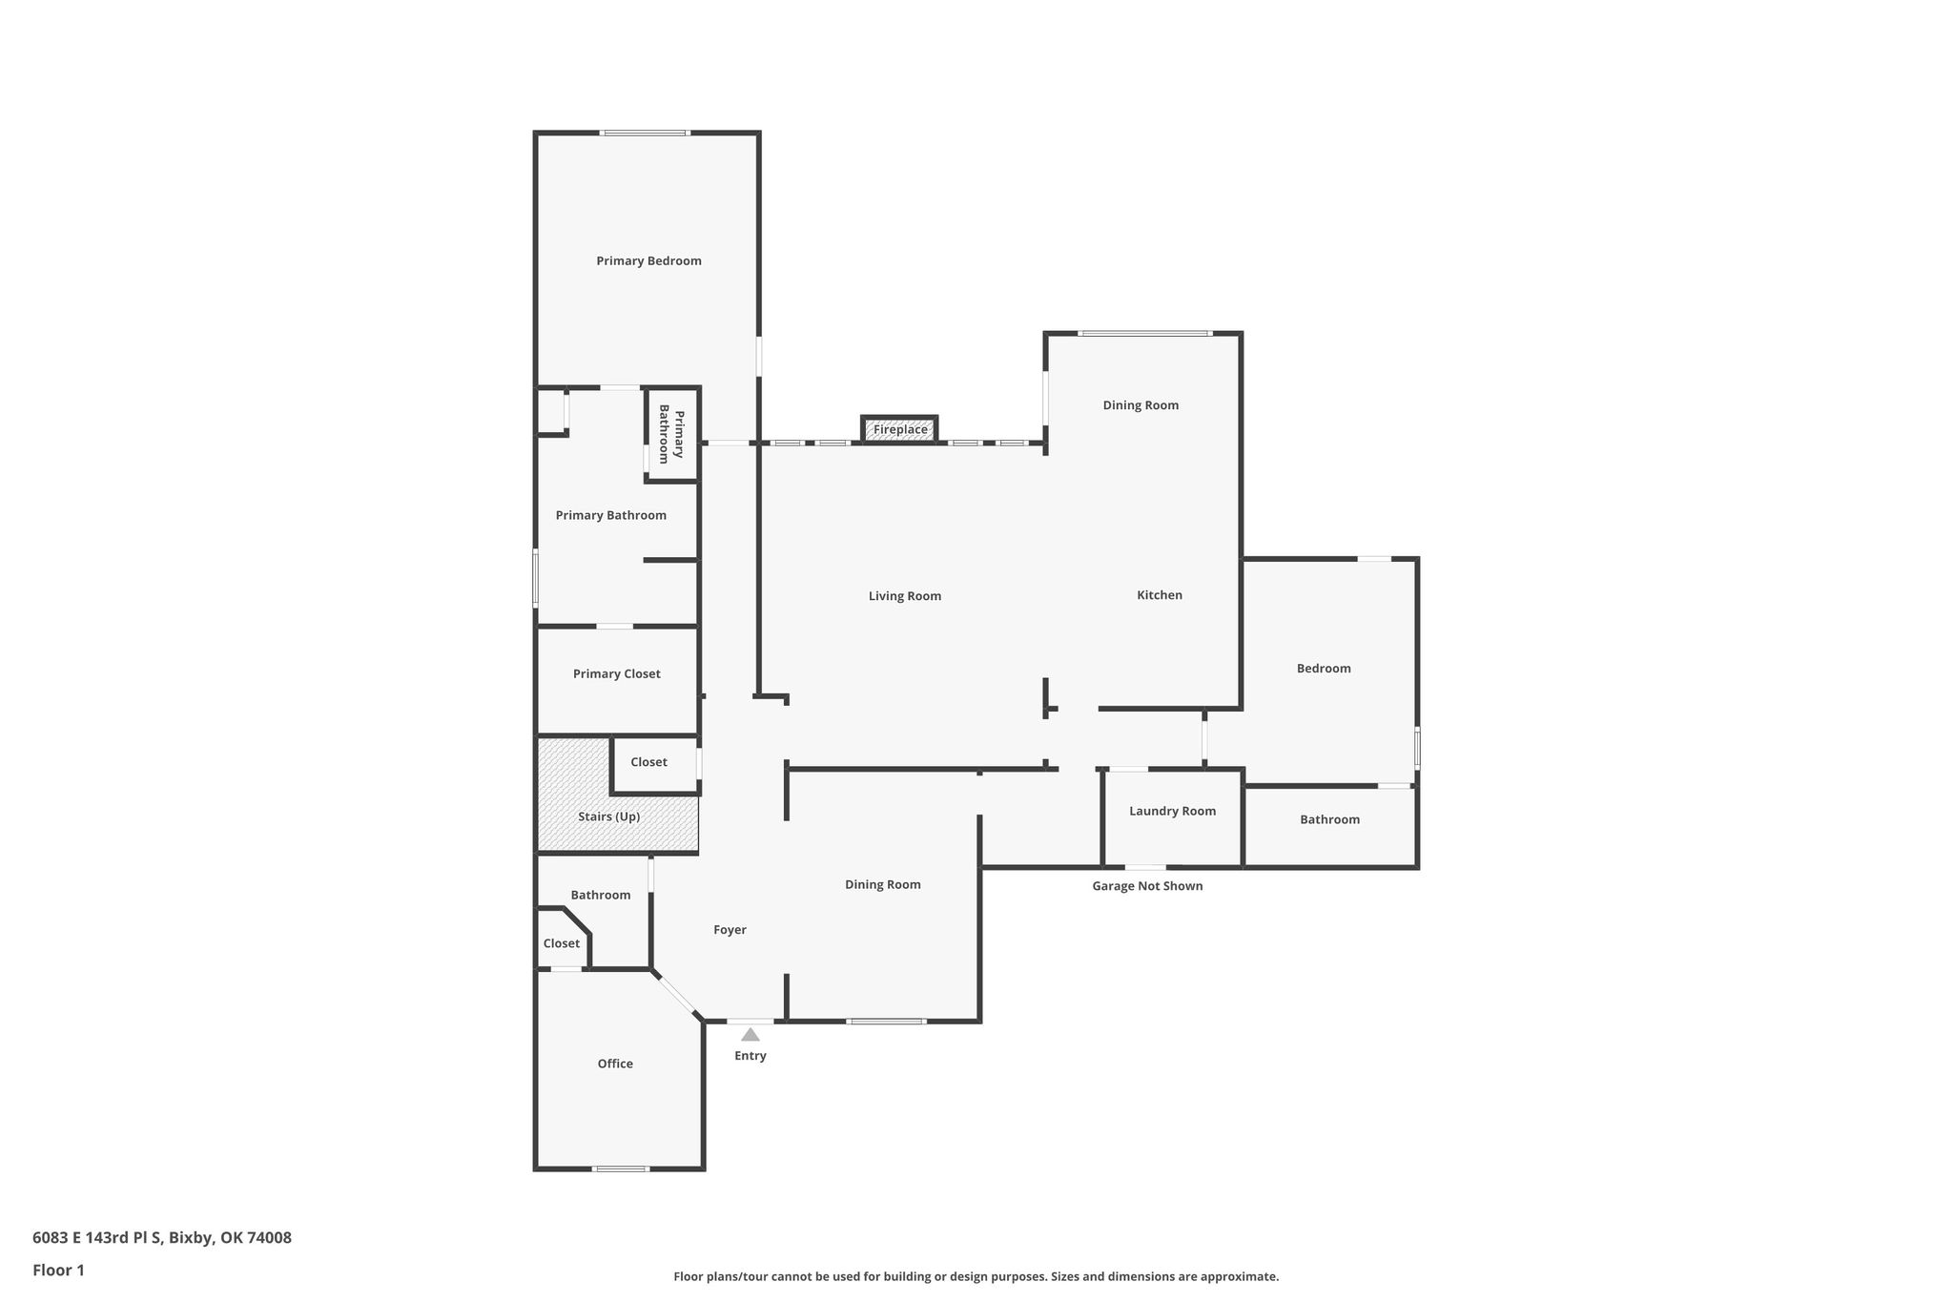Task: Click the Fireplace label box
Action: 900,429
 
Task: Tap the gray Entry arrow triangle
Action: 750,1034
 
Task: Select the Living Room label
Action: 905,596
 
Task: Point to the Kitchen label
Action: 1160,595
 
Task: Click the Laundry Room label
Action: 1173,812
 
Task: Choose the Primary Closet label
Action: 617,674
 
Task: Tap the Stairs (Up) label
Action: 609,817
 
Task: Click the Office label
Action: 615,1064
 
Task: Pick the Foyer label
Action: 730,930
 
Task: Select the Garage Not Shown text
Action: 1147,886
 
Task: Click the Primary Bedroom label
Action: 649,261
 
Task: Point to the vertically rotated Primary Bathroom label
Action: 671,434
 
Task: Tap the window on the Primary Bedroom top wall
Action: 645,133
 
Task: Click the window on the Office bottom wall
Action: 621,1168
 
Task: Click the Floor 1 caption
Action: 59,1271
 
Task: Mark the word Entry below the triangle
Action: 750,1056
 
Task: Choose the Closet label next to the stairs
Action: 648,762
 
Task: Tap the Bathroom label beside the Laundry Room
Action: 1330,819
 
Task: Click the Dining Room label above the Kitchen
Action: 1141,405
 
